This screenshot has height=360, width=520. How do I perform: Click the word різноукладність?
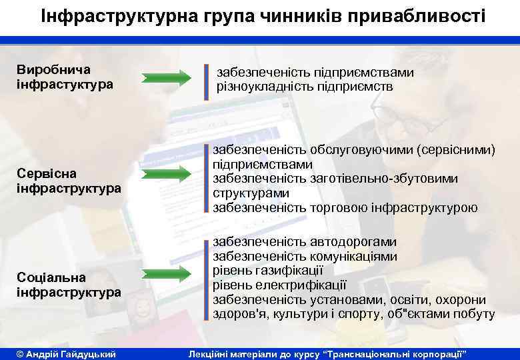tap(261, 87)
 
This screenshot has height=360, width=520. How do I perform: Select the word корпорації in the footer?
tap(429, 352)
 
